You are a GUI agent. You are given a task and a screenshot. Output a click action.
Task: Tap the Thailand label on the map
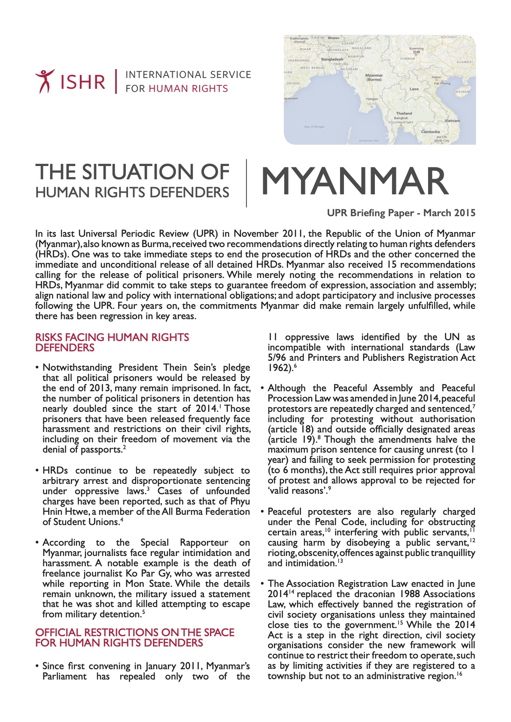coord(404,114)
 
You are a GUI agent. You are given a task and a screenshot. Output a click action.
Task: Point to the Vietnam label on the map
coord(452,121)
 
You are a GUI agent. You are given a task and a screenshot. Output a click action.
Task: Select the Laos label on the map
coord(414,89)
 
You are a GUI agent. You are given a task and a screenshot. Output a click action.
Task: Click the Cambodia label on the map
coord(430,132)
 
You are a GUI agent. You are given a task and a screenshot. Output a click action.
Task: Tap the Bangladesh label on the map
coord(332,59)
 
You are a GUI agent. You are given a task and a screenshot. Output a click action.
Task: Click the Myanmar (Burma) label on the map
coord(374,77)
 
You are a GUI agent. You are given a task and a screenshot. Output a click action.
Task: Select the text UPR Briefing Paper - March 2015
coord(401,213)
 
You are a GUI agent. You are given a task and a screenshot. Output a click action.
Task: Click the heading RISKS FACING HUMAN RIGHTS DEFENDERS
coord(112,342)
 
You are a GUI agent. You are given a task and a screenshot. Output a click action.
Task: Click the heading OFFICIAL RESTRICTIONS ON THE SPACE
coord(135,633)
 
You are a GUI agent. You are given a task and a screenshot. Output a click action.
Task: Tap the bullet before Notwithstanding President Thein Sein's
coord(38,368)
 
